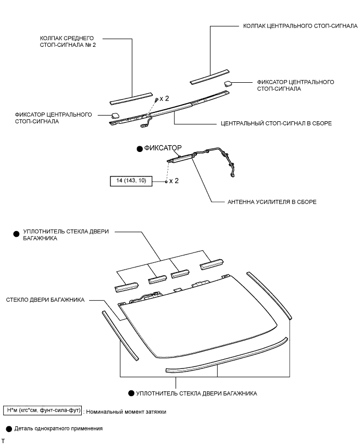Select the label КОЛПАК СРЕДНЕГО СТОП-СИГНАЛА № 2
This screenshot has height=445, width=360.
point(68,41)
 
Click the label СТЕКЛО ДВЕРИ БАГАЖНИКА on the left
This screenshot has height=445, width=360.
point(46,300)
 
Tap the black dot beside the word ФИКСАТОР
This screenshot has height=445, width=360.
point(139,148)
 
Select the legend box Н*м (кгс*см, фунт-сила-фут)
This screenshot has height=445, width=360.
point(43,411)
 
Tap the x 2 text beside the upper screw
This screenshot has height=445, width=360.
point(165,98)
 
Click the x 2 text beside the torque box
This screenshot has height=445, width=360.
point(173,181)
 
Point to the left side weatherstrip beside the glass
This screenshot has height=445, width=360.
point(121,336)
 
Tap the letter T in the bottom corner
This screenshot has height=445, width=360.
point(3,440)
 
